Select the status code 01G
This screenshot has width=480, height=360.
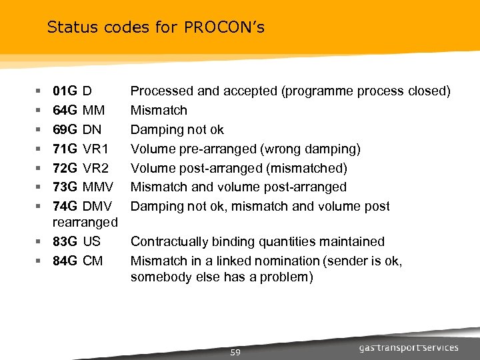pyautogui.click(x=65, y=91)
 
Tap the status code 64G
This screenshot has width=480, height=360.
pyautogui.click(x=65, y=110)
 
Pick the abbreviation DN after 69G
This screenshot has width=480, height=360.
pyautogui.click(x=93, y=129)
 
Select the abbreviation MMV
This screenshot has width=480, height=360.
pyautogui.click(x=98, y=187)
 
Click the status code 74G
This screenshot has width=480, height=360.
pyautogui.click(x=65, y=207)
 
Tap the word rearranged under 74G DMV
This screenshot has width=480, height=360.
pyautogui.click(x=85, y=221)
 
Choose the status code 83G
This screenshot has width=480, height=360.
pyautogui.click(x=65, y=241)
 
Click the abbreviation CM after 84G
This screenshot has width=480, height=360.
pyautogui.click(x=93, y=261)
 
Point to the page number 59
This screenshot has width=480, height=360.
pyautogui.click(x=235, y=352)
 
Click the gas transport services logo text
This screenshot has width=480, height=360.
pyautogui.click(x=409, y=347)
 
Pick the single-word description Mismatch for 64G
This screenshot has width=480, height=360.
pyautogui.click(x=159, y=110)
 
